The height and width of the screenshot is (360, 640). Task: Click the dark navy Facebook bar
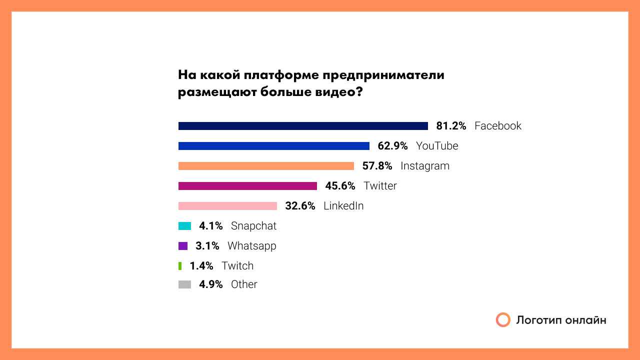303,126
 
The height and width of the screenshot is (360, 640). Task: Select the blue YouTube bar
274,146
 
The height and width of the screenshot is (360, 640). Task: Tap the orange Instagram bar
266,166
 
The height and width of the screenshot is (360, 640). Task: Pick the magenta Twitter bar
247,186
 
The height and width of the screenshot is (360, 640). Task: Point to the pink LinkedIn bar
227,206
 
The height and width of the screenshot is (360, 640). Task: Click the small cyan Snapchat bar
184,226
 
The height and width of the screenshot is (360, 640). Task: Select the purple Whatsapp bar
183,246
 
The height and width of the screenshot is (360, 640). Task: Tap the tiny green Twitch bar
180,266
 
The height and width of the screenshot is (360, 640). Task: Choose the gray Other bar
184,284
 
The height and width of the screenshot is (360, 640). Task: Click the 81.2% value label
451,126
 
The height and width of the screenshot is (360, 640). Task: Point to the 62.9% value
392,146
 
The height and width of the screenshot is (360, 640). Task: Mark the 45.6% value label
340,186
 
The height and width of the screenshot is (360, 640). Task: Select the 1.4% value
201,266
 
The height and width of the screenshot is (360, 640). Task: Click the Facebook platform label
497,126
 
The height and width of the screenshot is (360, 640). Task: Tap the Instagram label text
425,166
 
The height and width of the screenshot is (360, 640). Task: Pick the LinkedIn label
343,206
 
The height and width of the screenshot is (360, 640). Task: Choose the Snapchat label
253,226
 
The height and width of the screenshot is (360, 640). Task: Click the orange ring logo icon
503,320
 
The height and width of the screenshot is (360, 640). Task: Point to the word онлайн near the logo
586,320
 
